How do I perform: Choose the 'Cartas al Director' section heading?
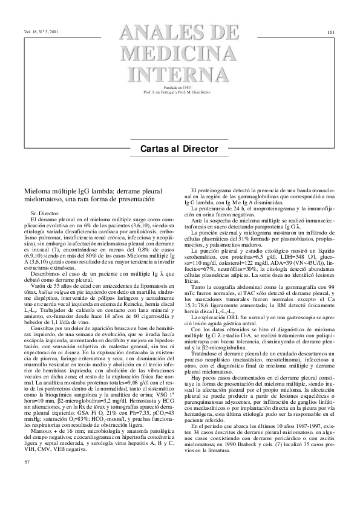[x=180, y=149]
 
